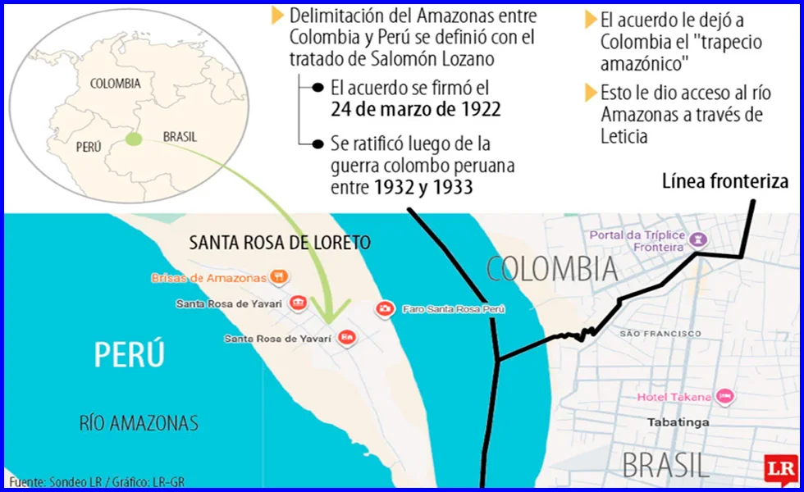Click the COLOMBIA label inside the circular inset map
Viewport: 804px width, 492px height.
(115, 83)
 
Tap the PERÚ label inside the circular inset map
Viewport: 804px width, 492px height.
(88, 147)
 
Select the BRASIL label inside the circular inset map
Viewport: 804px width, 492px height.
(180, 137)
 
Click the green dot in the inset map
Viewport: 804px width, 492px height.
(134, 140)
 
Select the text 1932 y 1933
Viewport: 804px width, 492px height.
(423, 187)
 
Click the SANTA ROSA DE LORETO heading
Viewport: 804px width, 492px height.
(279, 243)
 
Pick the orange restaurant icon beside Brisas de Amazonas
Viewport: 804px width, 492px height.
(280, 277)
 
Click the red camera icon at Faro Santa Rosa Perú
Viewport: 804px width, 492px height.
(384, 309)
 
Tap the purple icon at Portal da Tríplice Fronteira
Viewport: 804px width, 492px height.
(697, 239)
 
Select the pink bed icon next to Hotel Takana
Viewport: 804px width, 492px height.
(724, 397)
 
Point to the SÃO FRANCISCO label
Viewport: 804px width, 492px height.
(660, 334)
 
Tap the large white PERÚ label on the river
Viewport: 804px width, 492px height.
(130, 355)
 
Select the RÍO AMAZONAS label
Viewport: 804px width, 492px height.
(139, 423)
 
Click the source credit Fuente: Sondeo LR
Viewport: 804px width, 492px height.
(53, 482)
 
